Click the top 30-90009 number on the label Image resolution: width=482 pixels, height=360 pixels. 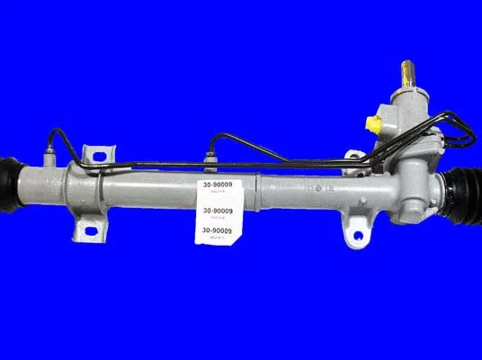tap(215, 187)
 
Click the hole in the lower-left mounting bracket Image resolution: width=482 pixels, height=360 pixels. tap(91, 232)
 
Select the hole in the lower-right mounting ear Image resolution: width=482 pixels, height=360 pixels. tap(358, 238)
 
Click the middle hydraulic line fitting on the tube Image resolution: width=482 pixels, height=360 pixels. tap(210, 161)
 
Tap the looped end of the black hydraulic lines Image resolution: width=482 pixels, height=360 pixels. tap(464, 136)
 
